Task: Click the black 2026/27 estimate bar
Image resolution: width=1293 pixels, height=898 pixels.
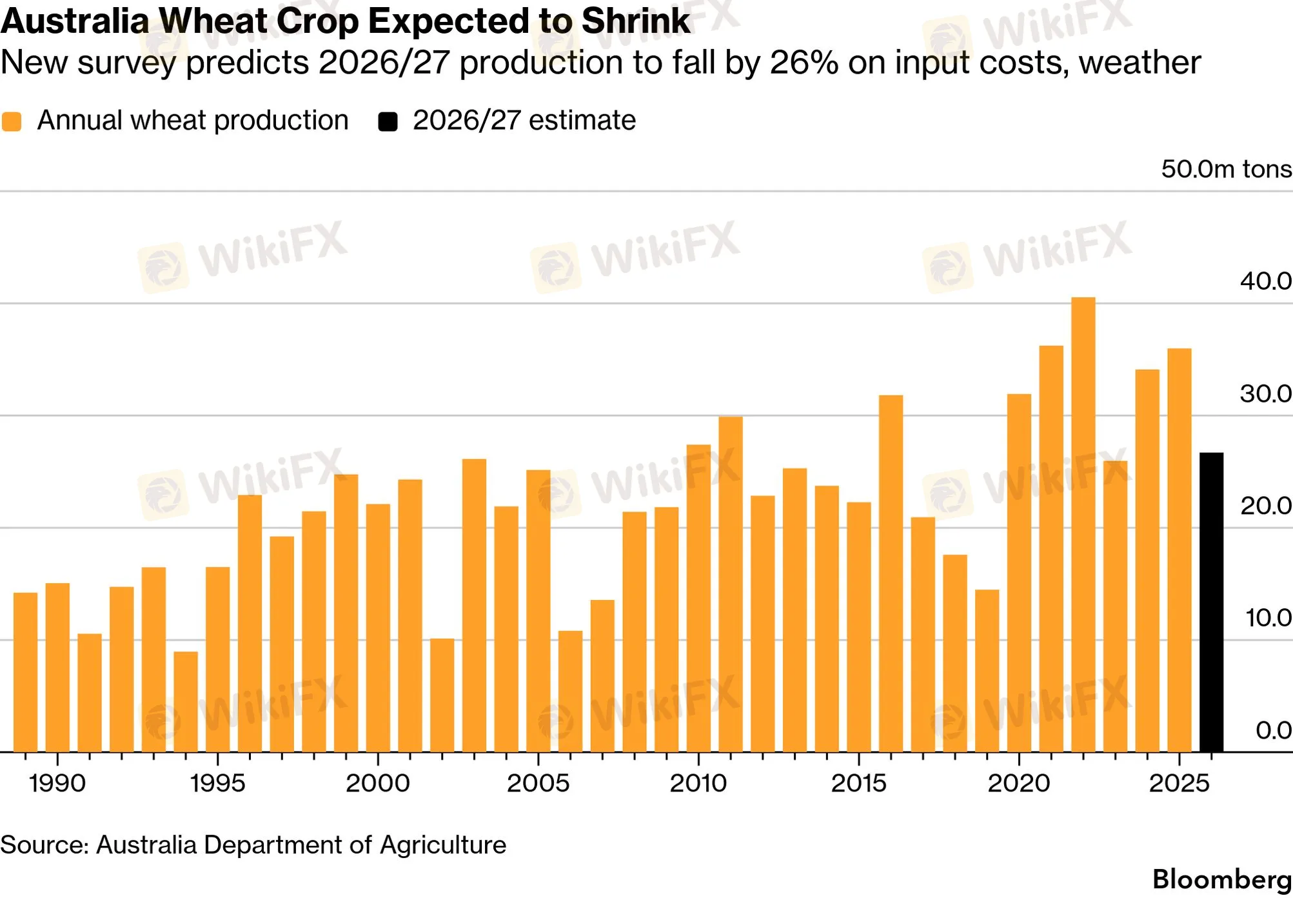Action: tap(1211, 602)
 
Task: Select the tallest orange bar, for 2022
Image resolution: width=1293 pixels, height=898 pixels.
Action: tap(1083, 524)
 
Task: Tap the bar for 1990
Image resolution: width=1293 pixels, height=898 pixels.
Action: tap(57, 668)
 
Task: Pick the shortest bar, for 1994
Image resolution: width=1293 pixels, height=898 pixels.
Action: tap(186, 702)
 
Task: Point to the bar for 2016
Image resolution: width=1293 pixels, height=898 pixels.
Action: tap(891, 574)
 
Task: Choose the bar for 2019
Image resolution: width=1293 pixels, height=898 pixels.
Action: tap(987, 671)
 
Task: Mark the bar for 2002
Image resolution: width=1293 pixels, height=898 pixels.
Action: tap(442, 695)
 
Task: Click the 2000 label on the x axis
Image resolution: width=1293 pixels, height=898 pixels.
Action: tap(378, 783)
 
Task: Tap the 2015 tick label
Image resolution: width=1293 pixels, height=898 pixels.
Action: tap(859, 783)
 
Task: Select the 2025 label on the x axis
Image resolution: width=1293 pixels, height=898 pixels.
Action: tap(1179, 783)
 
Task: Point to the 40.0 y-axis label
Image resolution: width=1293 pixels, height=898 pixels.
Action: tap(1266, 281)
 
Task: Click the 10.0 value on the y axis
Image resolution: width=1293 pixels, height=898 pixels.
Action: tap(1268, 617)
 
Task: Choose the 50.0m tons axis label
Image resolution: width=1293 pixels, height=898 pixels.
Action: tap(1227, 169)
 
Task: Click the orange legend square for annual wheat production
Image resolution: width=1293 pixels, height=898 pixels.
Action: tap(12, 121)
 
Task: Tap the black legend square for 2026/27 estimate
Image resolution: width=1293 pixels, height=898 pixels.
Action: tap(388, 121)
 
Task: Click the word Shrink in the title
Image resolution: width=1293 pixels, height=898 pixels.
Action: tap(636, 21)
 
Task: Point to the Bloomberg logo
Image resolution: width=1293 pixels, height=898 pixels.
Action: tap(1222, 880)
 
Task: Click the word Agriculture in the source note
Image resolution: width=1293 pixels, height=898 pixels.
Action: tap(443, 845)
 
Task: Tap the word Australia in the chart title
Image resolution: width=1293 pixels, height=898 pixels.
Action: tap(75, 21)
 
